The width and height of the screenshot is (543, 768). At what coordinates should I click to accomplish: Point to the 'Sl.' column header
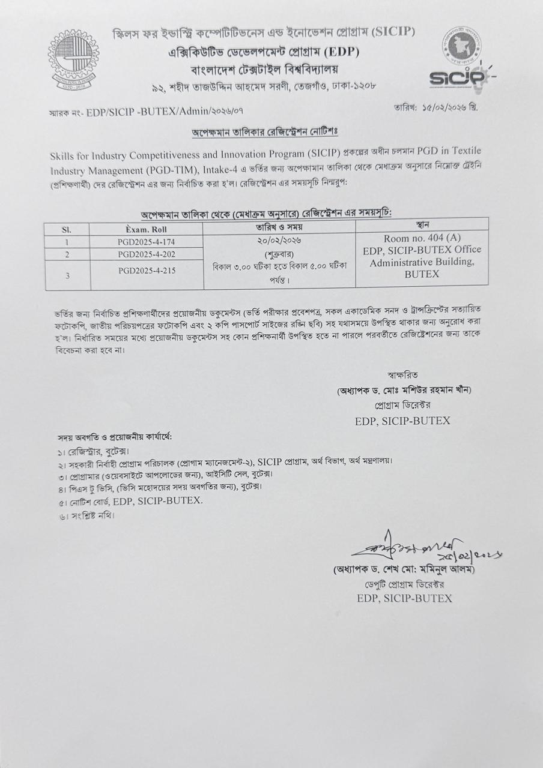click(x=67, y=229)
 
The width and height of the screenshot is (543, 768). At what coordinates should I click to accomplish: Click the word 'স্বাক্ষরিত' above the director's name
click(x=403, y=375)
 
